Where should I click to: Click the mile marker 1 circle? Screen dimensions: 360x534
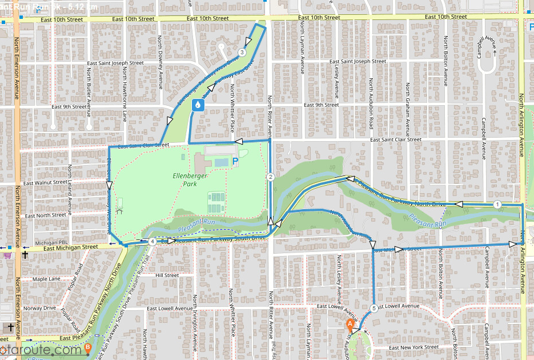497,205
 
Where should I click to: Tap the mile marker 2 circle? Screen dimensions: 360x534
271,177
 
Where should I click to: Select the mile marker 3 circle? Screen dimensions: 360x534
242,53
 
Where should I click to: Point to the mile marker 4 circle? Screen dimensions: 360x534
152,242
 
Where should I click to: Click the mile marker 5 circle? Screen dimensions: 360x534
374,309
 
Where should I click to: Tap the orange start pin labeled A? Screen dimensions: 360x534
350,324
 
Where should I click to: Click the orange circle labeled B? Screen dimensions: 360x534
87,347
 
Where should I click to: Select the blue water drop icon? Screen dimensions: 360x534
198,105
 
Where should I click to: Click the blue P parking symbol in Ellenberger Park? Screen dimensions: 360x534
235,162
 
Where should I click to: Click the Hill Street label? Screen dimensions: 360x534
167,275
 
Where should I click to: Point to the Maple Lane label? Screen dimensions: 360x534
46,279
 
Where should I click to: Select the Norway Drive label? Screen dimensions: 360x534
41,308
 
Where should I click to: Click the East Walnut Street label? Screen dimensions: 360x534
43,182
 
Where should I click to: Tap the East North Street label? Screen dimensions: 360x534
46,215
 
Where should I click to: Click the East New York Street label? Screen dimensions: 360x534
413,347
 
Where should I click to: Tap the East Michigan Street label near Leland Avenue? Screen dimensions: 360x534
71,248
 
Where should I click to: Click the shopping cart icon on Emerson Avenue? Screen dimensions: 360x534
7,255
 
